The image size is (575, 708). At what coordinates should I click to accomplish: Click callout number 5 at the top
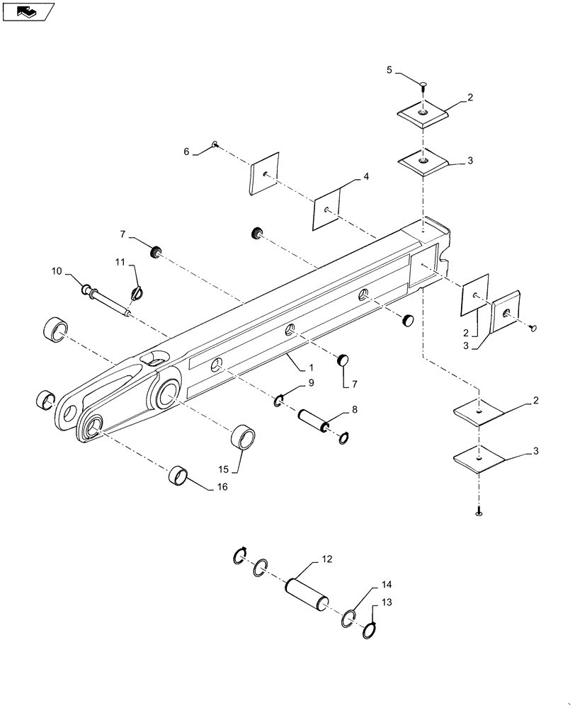389,70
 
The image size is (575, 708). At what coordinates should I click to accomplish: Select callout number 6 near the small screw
188,152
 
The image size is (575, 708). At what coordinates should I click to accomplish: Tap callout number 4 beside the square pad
366,177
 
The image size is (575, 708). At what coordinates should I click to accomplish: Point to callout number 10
56,271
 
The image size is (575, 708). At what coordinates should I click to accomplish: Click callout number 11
121,263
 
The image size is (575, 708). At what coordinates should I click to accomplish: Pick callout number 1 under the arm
309,369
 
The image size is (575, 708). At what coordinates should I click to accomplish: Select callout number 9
309,383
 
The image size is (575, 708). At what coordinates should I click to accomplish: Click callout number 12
327,559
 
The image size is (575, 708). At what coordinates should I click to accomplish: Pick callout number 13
387,601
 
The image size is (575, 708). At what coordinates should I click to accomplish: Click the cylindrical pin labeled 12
307,593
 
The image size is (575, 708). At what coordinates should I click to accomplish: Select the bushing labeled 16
180,476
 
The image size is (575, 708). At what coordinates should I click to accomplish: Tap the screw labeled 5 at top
423,86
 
